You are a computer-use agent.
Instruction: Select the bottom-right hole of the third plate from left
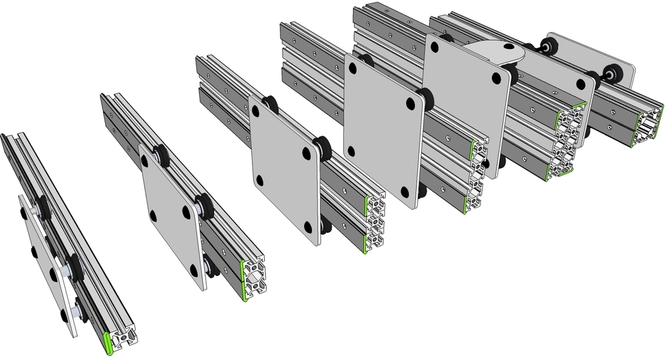click(307, 226)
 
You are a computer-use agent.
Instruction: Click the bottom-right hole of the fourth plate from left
click(404, 192)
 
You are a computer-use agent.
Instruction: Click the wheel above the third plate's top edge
click(269, 104)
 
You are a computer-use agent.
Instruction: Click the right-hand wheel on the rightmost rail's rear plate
click(613, 72)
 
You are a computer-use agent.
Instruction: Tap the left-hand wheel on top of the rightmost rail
click(549, 46)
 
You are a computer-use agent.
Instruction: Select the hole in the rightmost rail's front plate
click(581, 83)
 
